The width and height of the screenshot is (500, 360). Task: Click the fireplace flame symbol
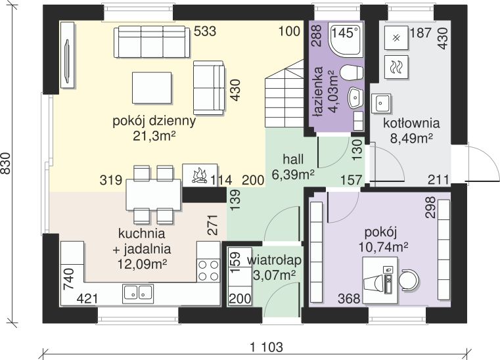200,175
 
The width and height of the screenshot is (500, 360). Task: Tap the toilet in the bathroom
352,72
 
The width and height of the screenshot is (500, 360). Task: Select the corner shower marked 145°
346,39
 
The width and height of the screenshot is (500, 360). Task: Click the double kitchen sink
138,293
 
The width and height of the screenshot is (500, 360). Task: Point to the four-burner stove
208,270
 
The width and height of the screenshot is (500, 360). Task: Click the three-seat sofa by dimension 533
152,42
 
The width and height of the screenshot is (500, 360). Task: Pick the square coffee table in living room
152,87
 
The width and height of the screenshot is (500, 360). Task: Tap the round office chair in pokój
409,281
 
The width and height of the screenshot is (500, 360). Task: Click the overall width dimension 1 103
267,347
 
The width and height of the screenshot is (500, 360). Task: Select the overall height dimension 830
6,164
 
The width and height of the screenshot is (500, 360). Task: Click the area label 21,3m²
154,136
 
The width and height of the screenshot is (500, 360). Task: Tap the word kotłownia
411,123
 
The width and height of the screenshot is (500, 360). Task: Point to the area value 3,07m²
274,274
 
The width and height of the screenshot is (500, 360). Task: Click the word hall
293,159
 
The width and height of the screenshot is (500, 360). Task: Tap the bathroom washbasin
355,98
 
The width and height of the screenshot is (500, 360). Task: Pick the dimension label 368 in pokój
349,299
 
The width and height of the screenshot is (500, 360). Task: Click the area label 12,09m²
143,263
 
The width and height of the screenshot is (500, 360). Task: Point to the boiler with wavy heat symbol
396,67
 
